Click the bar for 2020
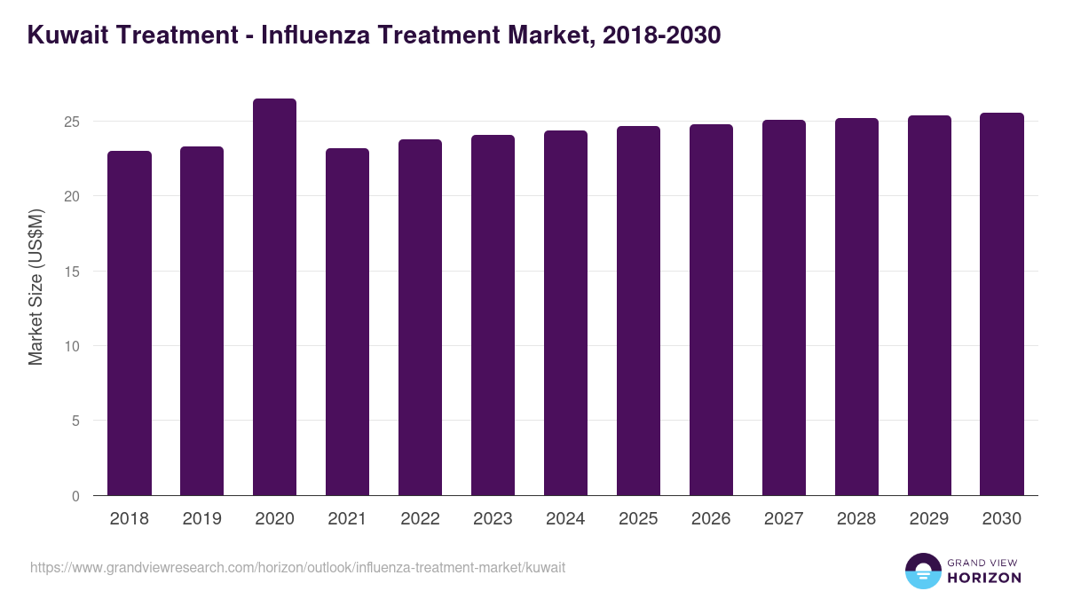[274, 297]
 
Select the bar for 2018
[129, 323]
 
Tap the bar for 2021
[347, 322]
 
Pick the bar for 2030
[1002, 304]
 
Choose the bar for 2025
[638, 311]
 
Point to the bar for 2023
[493, 315]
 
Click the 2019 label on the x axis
[201, 519]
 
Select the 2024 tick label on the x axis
[565, 519]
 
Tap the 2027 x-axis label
[784, 519]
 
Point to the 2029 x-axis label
[929, 519]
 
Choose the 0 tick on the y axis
[76, 496]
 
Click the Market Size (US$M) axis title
[35, 286]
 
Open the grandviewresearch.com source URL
[297, 567]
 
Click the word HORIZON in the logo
[984, 578]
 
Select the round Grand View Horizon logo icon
[922, 571]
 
